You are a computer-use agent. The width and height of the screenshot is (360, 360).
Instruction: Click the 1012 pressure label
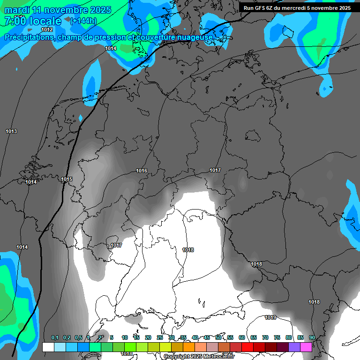tap(47, 30)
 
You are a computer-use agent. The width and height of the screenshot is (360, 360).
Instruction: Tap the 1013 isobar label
tap(11, 131)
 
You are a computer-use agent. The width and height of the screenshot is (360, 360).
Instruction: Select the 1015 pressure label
tap(67, 179)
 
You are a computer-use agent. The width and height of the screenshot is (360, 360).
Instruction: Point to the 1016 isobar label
tap(142, 171)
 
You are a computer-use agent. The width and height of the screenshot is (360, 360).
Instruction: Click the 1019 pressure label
tap(270, 317)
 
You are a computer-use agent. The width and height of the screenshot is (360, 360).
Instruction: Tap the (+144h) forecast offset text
tap(83, 21)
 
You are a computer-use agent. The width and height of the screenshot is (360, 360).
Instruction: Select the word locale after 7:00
tap(45, 21)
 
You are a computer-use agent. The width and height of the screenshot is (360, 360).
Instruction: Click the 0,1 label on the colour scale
tap(55, 338)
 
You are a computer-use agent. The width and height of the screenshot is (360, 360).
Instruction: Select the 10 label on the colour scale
tap(125, 338)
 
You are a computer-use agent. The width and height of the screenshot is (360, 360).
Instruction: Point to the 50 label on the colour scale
tap(218, 338)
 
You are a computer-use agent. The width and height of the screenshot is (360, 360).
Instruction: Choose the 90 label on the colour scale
tap(312, 338)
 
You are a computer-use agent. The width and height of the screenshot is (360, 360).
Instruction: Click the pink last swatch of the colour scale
tap(306, 347)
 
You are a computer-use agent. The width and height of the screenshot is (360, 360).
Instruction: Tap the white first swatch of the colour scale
tap(48, 347)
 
